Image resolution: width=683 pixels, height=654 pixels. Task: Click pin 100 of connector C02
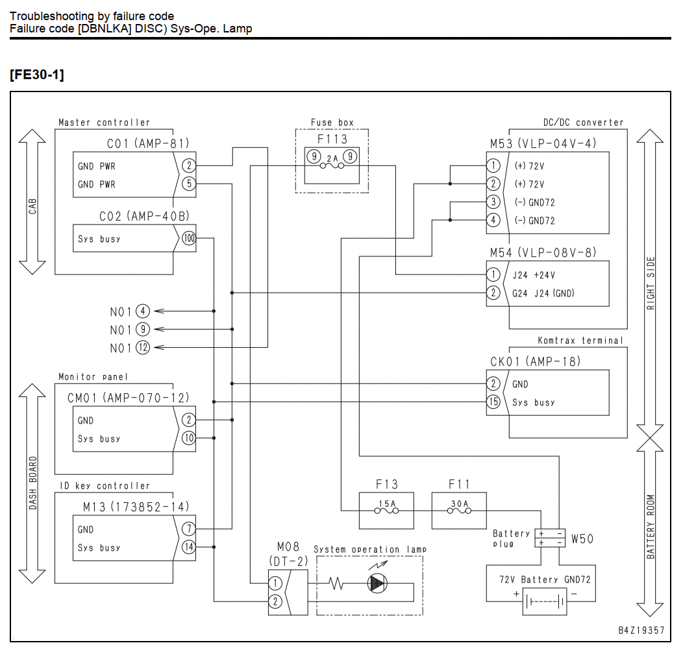(189, 238)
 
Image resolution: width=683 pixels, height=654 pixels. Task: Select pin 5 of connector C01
(189, 184)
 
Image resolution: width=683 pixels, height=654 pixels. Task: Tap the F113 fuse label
(332, 139)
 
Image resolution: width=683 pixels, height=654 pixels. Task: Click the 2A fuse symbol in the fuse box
(332, 165)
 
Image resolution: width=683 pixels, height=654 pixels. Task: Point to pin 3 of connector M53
(493, 202)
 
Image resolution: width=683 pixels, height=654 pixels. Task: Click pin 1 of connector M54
(493, 274)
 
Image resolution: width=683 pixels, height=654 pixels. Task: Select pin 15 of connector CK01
(493, 402)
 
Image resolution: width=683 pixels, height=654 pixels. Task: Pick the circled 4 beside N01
(143, 311)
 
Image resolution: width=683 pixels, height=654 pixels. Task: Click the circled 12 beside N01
(143, 348)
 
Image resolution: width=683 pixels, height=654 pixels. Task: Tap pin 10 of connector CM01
(189, 438)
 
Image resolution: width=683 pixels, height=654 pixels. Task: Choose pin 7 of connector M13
(189, 529)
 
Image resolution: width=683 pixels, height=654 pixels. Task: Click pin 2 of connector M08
(275, 601)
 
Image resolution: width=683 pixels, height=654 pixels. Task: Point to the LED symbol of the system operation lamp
(377, 583)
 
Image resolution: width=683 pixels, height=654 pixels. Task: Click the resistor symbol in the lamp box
(336, 583)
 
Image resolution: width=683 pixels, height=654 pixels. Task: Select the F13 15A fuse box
(386, 511)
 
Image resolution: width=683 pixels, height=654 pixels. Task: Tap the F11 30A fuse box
(459, 511)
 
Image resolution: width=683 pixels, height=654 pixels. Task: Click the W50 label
(582, 539)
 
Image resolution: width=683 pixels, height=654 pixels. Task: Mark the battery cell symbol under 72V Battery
(545, 601)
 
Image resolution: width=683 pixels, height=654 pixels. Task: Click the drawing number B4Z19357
(641, 630)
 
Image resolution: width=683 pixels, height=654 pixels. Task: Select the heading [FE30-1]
(37, 75)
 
